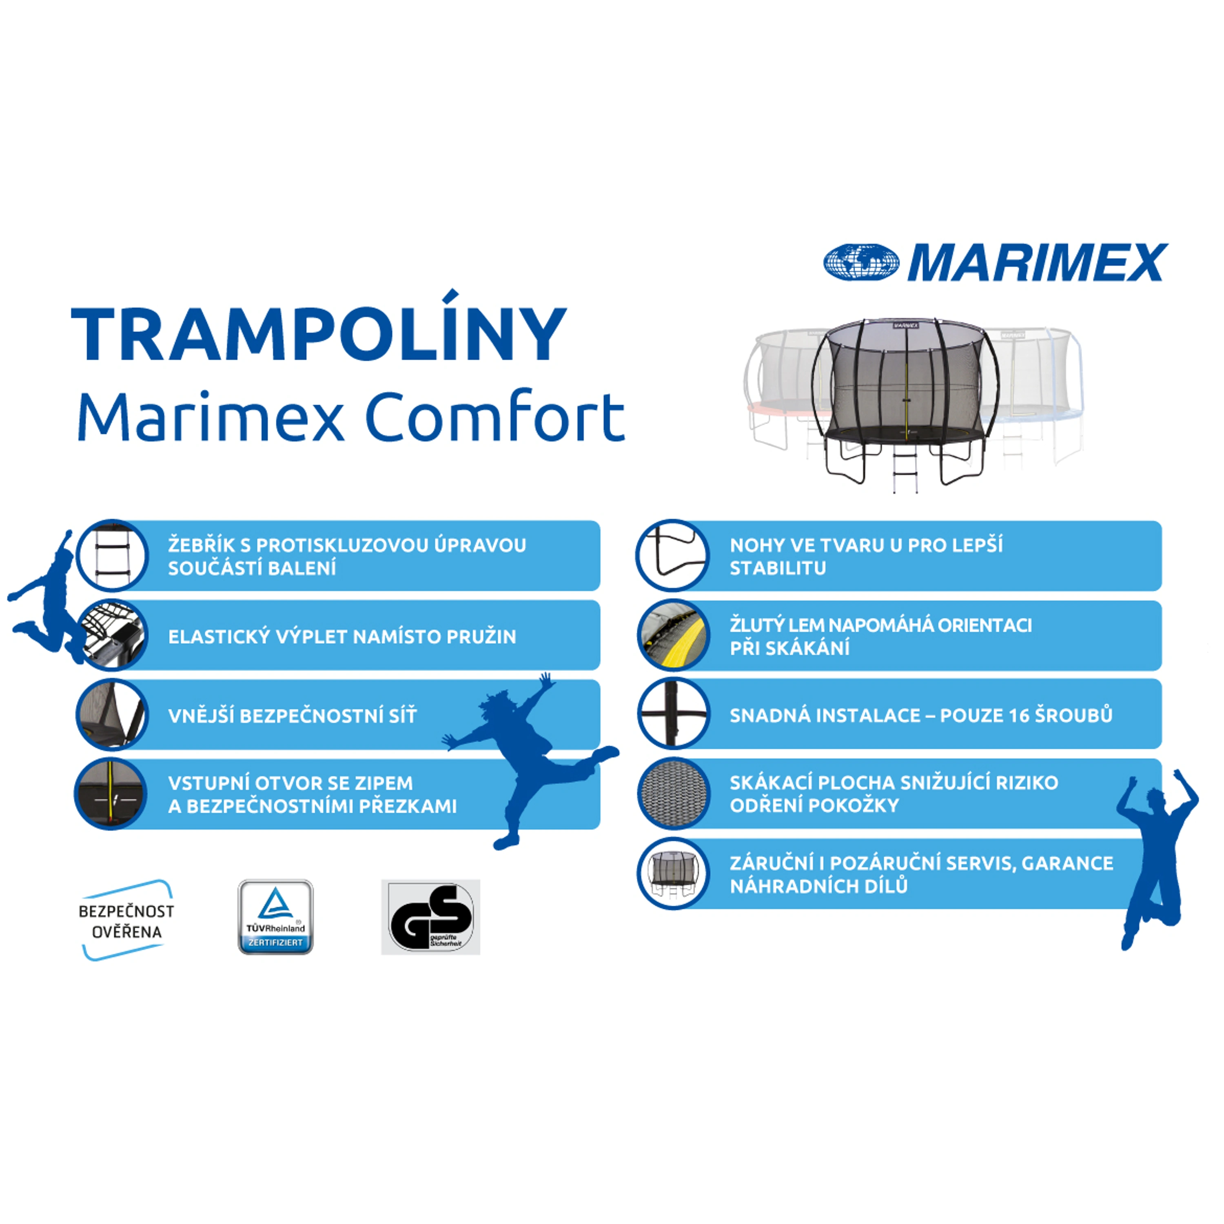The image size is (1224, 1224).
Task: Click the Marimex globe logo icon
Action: click(x=861, y=262)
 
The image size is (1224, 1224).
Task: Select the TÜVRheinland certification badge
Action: click(x=275, y=917)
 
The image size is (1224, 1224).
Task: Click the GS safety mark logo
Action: click(x=430, y=917)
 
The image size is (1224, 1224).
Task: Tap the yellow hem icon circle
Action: click(x=674, y=635)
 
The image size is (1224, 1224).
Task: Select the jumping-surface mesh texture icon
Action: click(x=674, y=793)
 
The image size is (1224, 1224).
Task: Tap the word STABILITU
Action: click(x=777, y=568)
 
